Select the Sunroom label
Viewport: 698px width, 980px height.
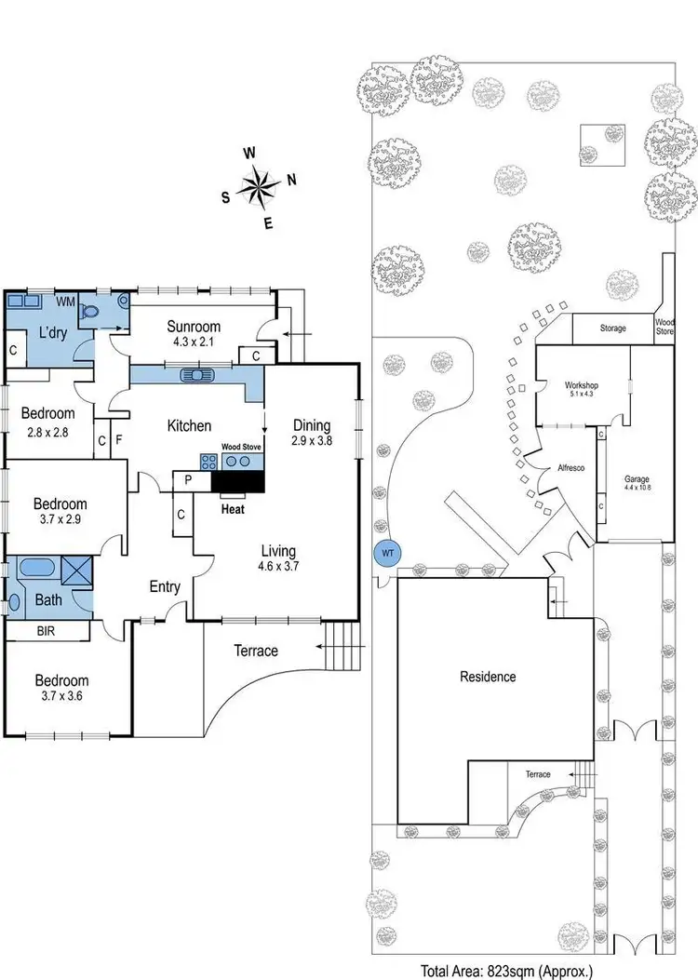194,326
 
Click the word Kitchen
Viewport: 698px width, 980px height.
189,425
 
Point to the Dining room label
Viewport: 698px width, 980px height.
311,425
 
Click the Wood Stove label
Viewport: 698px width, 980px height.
240,447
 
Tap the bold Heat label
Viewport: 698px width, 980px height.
233,509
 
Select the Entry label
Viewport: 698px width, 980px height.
165,586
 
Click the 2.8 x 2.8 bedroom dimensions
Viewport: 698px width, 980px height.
47,432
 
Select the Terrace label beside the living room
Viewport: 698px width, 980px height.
256,651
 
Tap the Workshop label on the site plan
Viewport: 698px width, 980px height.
581,385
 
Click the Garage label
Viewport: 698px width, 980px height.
638,480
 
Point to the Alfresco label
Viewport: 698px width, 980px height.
570,469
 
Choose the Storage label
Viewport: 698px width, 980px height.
612,329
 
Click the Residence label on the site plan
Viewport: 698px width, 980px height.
488,677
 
